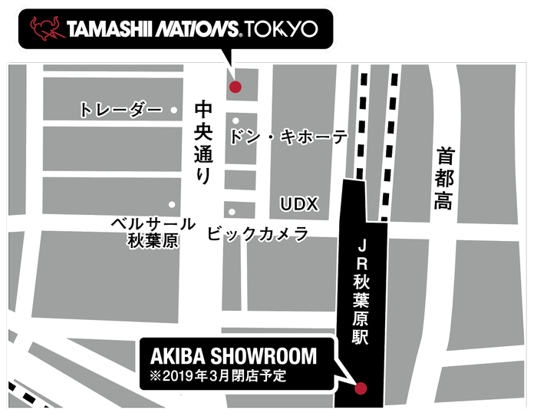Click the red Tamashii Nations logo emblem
point(46,29)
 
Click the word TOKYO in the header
point(281,29)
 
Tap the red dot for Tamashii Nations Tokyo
point(235,87)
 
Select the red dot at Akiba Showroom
point(361,388)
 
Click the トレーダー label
point(120,111)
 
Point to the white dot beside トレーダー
point(175,111)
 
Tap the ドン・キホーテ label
point(288,137)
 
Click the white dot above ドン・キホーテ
point(236,121)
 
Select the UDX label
point(298,203)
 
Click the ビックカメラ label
point(258,233)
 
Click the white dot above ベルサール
point(172,204)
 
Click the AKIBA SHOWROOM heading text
point(227,358)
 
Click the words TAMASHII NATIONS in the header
point(153,29)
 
